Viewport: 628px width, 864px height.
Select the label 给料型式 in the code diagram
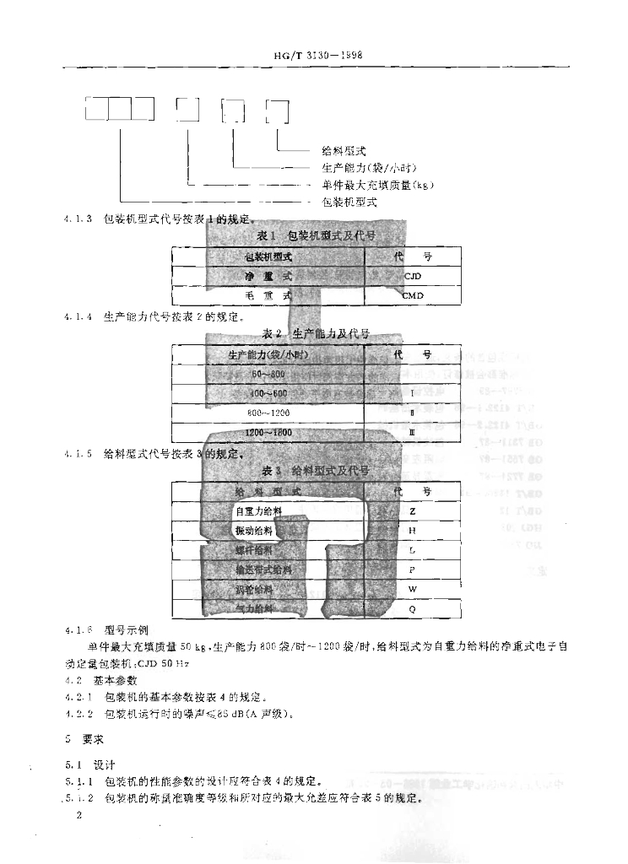point(344,150)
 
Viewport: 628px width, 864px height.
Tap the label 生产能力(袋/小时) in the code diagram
point(370,167)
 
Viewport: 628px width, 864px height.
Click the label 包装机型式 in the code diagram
point(349,202)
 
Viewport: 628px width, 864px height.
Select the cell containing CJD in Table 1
point(412,276)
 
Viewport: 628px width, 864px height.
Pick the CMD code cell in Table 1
point(412,295)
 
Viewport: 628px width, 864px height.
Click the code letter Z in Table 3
point(412,511)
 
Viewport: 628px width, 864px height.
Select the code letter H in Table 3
point(412,531)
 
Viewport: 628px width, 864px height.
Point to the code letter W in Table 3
point(412,589)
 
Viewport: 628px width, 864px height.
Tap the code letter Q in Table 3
point(412,608)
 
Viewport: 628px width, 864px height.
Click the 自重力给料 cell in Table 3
point(258,511)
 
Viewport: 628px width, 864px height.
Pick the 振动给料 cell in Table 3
point(255,531)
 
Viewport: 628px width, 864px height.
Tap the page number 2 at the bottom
point(78,816)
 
